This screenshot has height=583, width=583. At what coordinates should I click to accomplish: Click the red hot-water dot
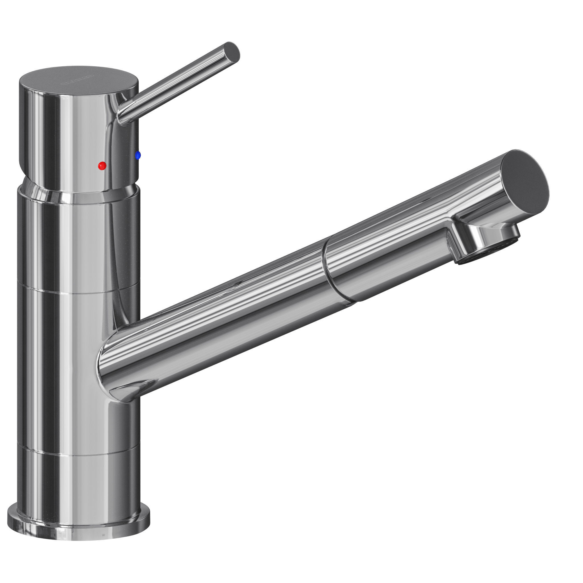point(102,165)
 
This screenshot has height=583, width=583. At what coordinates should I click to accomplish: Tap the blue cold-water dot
point(138,155)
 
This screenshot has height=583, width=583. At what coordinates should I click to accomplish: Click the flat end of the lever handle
point(232,52)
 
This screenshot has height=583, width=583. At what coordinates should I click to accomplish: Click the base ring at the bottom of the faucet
point(79,519)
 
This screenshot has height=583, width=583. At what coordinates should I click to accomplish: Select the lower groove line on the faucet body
point(79,453)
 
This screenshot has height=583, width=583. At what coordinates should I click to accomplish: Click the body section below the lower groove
point(79,483)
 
